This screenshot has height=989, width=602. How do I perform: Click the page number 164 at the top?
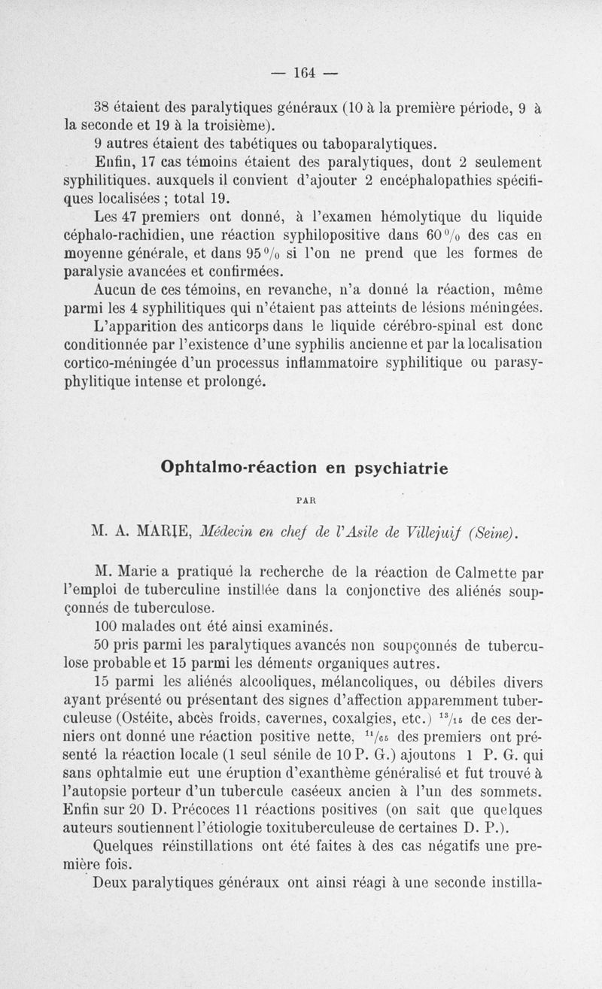[303, 73]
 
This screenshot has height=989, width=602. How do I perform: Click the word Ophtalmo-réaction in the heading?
[238, 467]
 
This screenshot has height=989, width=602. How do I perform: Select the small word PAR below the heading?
[304, 498]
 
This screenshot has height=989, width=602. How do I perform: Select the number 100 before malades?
[107, 626]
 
